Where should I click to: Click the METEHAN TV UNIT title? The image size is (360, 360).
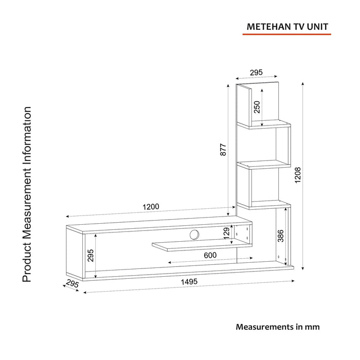point(287,27)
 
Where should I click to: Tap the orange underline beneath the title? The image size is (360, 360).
point(287,34)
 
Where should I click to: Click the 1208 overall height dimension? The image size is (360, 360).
point(298,175)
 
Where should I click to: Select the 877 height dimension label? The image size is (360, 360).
point(223,150)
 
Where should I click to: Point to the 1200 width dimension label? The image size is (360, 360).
point(151,207)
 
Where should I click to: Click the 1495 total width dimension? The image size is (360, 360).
point(189,281)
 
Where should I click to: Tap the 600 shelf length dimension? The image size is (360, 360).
point(210,255)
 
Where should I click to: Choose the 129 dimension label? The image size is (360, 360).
point(226,233)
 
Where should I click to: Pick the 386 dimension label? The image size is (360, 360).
point(281,236)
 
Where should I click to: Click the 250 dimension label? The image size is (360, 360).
point(257,107)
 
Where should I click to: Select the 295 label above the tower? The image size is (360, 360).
point(256,73)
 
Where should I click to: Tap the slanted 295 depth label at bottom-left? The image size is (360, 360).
point(73,283)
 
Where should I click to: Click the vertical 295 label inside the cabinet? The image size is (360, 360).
point(91,256)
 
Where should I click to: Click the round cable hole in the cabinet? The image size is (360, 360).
point(194,235)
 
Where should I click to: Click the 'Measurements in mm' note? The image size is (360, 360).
point(278,327)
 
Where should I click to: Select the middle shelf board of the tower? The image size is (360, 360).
point(264,165)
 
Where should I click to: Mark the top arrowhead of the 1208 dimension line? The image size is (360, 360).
point(303,83)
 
